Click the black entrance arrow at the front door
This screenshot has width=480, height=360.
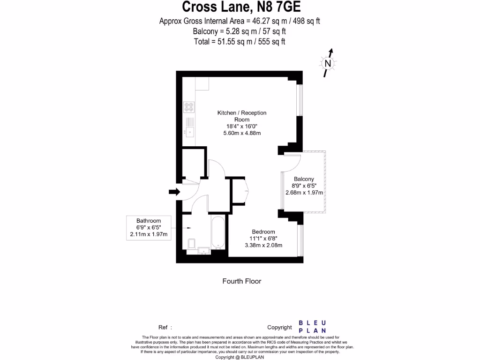coord(174,192)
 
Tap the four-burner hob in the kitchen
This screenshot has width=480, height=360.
coord(189,107)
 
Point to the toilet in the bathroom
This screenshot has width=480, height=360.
coord(191,243)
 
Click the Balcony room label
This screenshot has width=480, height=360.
coord(304,179)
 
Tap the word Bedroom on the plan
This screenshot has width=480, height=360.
coord(263,232)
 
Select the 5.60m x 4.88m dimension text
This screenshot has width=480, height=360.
coord(242,133)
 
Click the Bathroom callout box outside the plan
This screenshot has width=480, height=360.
coord(149,228)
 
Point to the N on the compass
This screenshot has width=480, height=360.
coord(328,63)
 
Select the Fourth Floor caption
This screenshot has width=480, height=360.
coord(241,281)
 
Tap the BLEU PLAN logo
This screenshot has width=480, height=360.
coord(312,327)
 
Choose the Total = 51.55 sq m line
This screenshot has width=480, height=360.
coord(240,41)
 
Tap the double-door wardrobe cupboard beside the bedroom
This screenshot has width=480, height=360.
coord(239,191)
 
